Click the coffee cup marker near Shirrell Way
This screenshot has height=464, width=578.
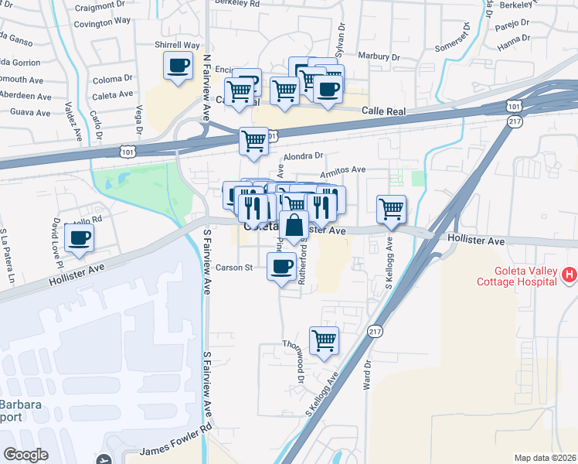pos(178,66)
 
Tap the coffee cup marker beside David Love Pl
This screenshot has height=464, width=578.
pos(79,237)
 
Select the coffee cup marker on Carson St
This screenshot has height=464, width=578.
pos(281,268)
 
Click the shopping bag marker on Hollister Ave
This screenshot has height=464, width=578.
pos(294,227)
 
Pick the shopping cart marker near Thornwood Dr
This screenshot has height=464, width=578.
pos(324,340)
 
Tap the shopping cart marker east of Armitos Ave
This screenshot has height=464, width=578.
pos(391,209)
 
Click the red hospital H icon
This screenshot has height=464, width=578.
pos(569,275)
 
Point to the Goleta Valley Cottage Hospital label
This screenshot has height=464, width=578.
pos(522,277)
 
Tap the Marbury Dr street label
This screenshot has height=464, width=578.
pos(379,56)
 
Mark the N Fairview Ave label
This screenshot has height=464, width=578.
pos(206,87)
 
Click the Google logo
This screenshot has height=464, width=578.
pos(25,454)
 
